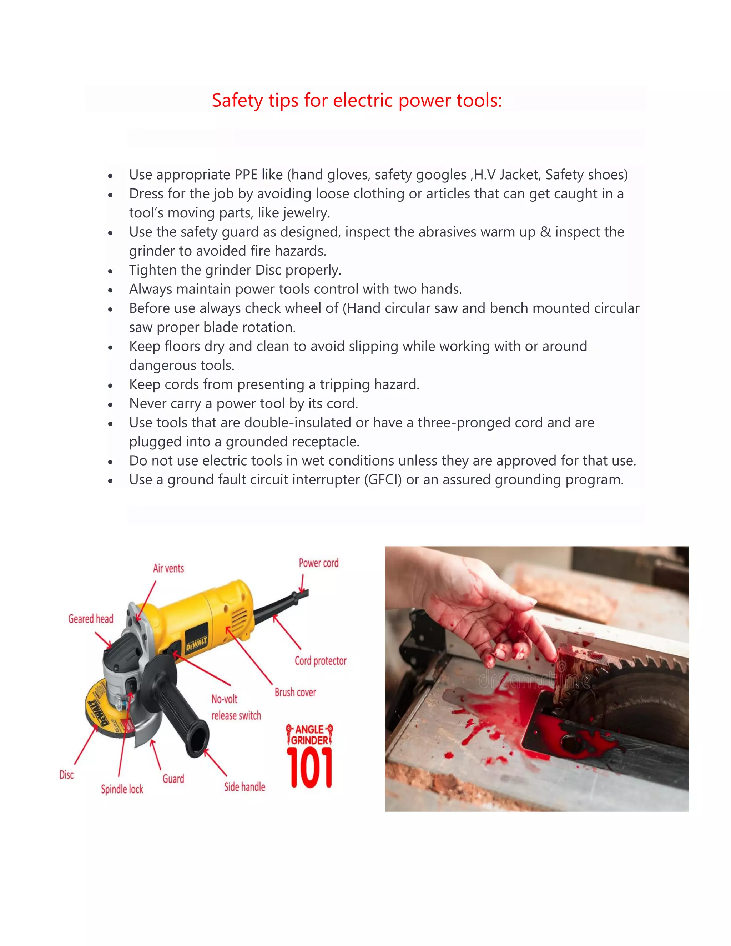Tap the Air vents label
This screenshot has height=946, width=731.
[x=168, y=568]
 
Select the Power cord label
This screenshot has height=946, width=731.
[x=318, y=563]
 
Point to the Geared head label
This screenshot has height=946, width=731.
[x=91, y=619]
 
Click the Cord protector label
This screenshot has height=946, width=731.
[x=321, y=660]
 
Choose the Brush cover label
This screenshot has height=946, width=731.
[x=295, y=692]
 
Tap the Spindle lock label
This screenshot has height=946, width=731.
[x=122, y=789]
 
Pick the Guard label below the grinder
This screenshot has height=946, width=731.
[x=173, y=778]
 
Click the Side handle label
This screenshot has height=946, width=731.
[x=244, y=786]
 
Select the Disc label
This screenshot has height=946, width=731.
[x=66, y=775]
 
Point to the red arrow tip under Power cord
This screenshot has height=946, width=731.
[x=301, y=591]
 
